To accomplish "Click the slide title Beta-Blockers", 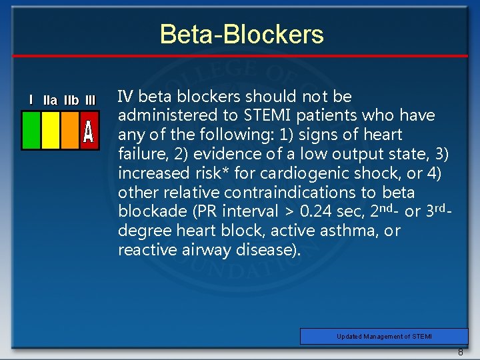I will (x=241, y=34).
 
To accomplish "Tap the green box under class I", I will (x=31, y=130).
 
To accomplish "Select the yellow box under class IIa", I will (x=51, y=130).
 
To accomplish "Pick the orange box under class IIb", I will (x=70, y=130).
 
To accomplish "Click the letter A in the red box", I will (x=89, y=132).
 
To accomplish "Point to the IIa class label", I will (x=50, y=101).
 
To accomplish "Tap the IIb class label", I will (x=71, y=101).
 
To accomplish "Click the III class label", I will (x=90, y=101).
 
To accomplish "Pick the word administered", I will (x=160, y=116).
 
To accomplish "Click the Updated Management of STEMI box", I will (x=384, y=337).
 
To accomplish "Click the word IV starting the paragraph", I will (x=125, y=97).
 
